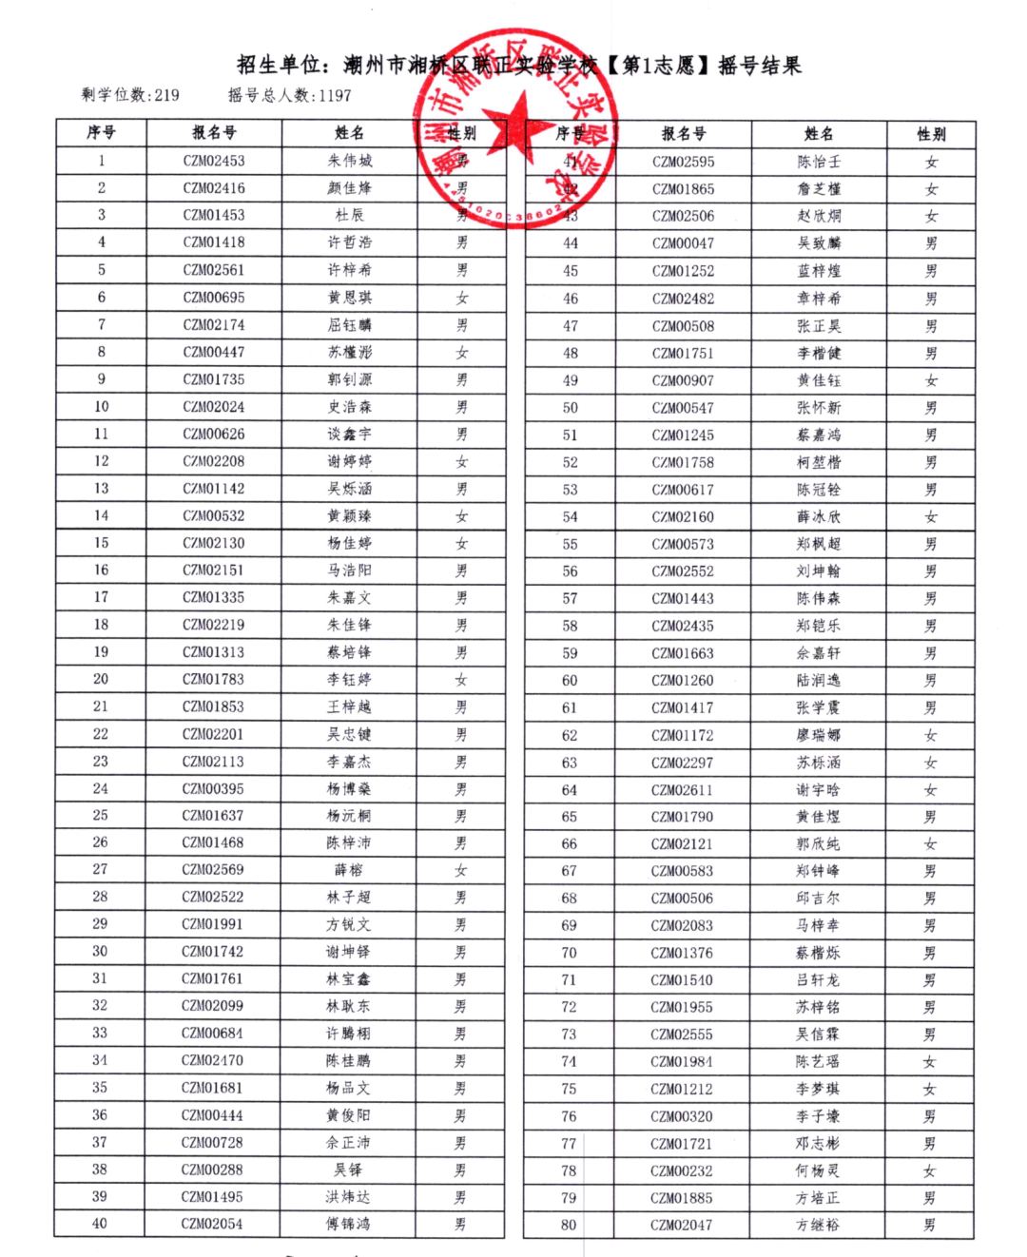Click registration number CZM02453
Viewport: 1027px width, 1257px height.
214,161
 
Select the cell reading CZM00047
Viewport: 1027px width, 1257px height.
683,243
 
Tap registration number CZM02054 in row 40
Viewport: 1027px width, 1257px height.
212,1224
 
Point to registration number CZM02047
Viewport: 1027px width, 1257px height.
682,1225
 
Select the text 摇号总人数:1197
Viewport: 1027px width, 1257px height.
289,95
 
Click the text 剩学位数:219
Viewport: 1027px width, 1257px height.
130,95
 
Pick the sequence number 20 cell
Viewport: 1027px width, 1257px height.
101,679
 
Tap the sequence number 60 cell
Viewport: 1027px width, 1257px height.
570,681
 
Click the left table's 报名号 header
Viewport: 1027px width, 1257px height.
214,133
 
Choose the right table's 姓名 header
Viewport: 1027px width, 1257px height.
819,134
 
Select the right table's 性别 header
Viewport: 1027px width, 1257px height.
931,134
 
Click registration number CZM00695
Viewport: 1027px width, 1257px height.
214,298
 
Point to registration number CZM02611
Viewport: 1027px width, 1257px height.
682,790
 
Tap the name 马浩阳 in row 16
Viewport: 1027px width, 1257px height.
349,570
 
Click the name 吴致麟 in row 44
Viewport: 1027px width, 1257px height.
819,243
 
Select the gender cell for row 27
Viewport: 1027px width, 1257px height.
461,870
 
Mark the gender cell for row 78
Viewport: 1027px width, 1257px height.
930,1171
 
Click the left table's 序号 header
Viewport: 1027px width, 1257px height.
101,133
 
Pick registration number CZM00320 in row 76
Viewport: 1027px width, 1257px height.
682,1117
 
